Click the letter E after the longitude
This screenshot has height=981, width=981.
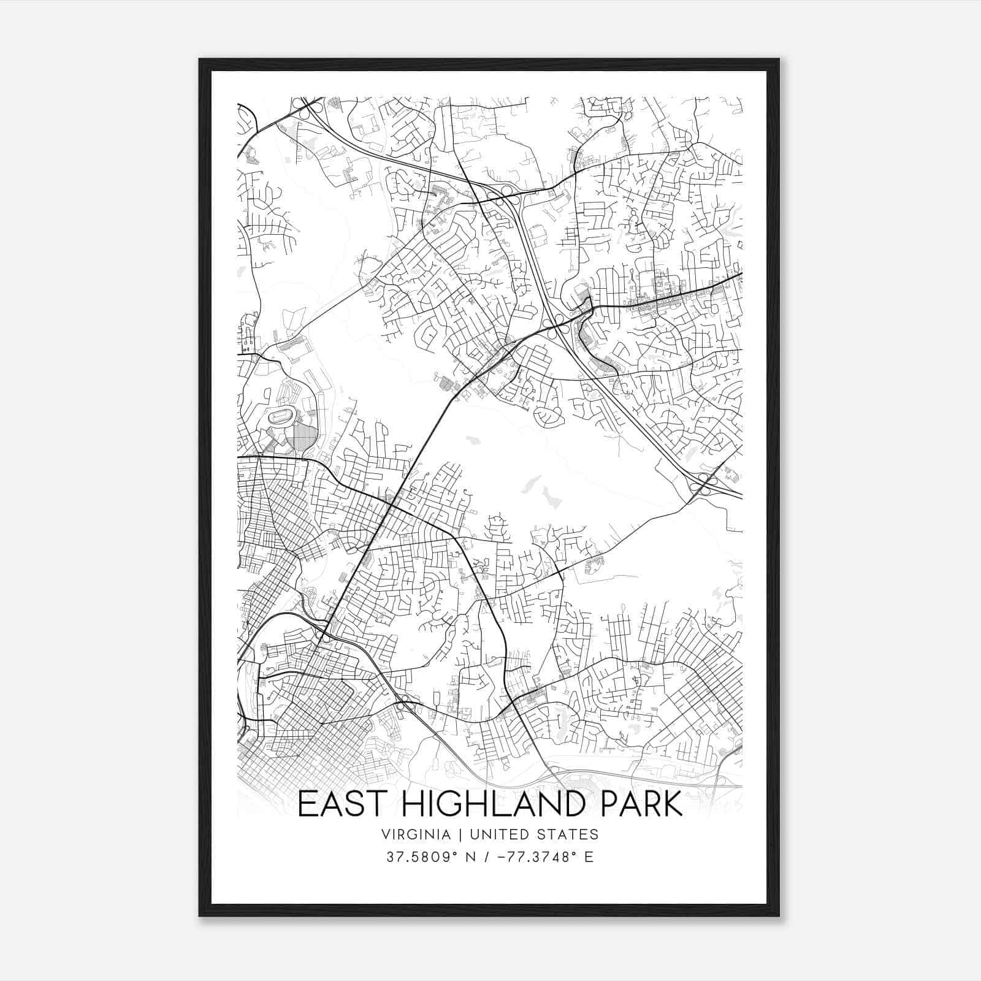pos(589,857)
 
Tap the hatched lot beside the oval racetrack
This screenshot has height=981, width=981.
pos(305,439)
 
